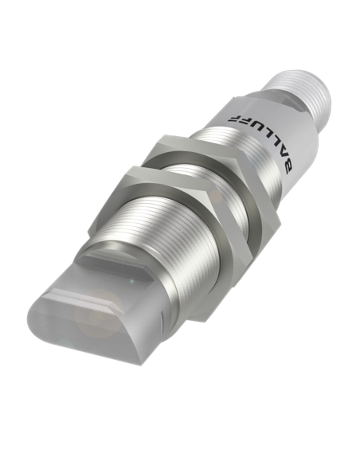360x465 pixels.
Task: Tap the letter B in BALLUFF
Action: pyautogui.click(x=286, y=167)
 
